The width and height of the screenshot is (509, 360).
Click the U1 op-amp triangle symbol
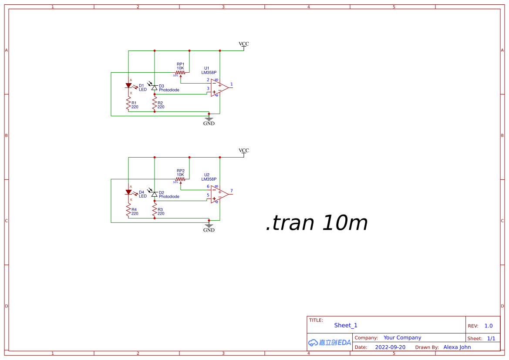coord(219,87)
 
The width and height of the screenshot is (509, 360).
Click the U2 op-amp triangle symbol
coord(219,194)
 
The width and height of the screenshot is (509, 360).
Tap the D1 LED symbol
coord(128,86)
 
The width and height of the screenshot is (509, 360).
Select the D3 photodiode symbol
coord(154,87)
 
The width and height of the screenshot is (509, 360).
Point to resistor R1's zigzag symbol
coord(128,104)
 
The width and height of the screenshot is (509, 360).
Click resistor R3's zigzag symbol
coord(154,210)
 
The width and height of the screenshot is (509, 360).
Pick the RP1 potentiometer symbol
coord(180,73)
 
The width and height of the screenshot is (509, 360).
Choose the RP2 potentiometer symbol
coord(180,179)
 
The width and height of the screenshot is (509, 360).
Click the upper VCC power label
coord(244,44)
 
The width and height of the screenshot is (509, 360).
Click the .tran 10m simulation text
coord(317,223)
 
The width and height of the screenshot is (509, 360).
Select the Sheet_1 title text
coord(346,325)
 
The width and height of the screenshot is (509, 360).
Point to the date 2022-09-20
coord(390,347)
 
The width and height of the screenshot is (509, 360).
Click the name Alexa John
coord(457,347)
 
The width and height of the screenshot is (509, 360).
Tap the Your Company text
coord(402,338)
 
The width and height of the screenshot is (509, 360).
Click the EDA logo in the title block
coord(330,343)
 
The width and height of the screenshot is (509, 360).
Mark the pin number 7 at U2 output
coord(232,191)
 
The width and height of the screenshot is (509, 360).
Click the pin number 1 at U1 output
coord(232,84)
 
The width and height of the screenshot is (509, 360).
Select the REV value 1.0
coord(489,326)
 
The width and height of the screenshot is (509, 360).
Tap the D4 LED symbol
coord(128,192)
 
